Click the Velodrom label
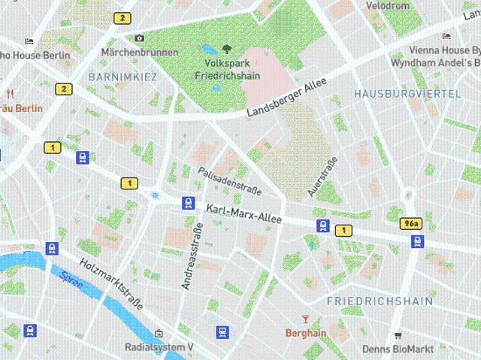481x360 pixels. [x=387, y=6]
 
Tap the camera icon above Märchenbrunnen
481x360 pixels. [x=139, y=38]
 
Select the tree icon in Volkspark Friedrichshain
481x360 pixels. [x=227, y=50]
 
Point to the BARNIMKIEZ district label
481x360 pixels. [x=123, y=77]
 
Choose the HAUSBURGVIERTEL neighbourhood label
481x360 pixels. [x=407, y=93]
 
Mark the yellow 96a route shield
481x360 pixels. [x=410, y=224]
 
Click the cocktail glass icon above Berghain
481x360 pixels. [x=305, y=319]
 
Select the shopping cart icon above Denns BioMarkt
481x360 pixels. [x=398, y=335]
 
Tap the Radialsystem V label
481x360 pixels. [x=159, y=347]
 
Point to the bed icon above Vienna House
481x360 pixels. [x=446, y=35]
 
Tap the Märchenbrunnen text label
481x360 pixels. [x=140, y=53]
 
